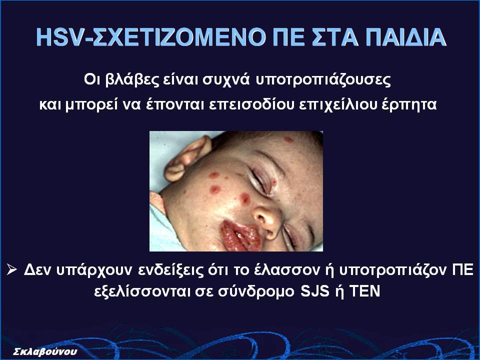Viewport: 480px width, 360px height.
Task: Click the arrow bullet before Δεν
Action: click(x=12, y=269)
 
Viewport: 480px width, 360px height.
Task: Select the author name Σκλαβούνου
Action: click(x=45, y=351)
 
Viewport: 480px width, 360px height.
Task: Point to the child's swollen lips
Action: click(x=239, y=235)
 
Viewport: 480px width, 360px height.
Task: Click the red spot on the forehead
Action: click(x=288, y=139)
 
